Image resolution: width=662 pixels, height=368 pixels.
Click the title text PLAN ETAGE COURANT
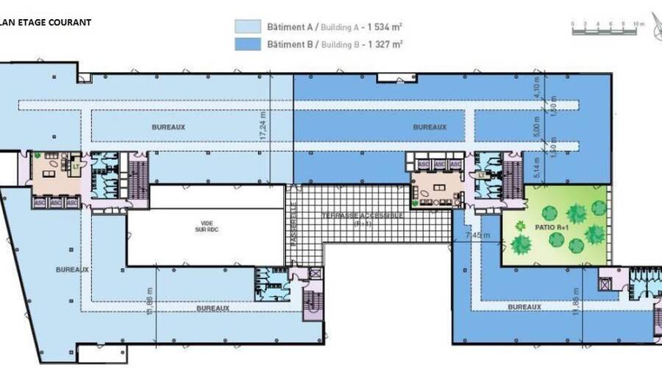coord(45,22)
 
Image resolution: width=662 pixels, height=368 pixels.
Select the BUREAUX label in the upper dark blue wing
coord(430,127)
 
